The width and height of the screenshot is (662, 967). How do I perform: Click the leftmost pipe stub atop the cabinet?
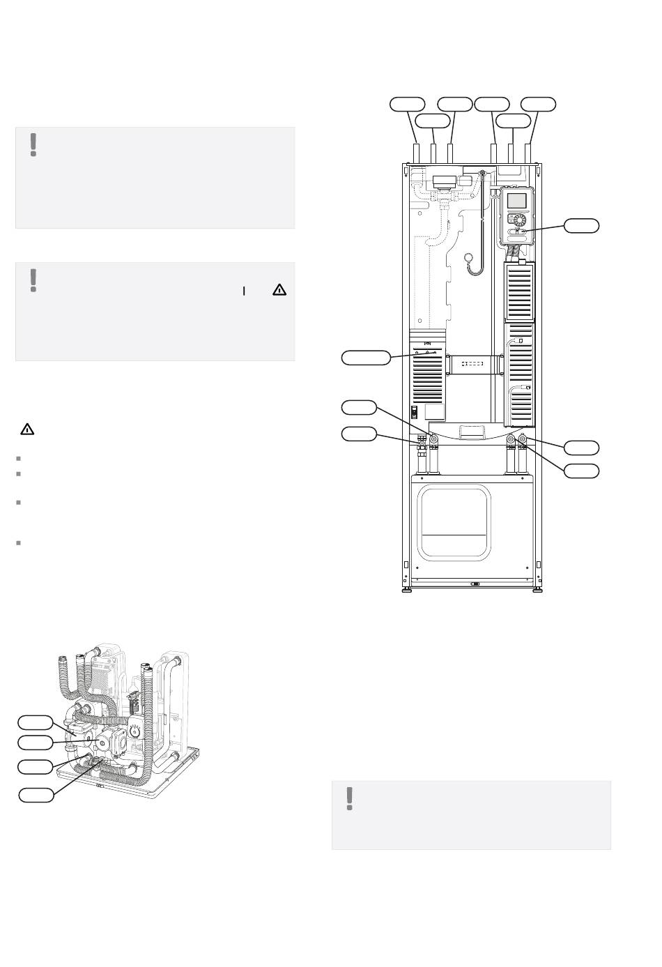(417, 153)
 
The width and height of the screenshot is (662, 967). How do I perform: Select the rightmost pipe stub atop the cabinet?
(528, 153)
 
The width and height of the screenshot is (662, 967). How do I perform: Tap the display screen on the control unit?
(517, 201)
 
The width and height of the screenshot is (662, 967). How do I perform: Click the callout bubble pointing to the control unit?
(580, 224)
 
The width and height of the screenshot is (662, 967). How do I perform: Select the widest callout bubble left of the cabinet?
(366, 358)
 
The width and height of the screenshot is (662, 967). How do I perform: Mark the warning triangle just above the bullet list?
(26, 429)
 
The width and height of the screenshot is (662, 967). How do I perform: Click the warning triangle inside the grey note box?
(279, 289)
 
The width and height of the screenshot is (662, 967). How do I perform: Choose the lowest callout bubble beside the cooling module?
(36, 794)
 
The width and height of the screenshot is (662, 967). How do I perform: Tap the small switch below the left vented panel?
(414, 412)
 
